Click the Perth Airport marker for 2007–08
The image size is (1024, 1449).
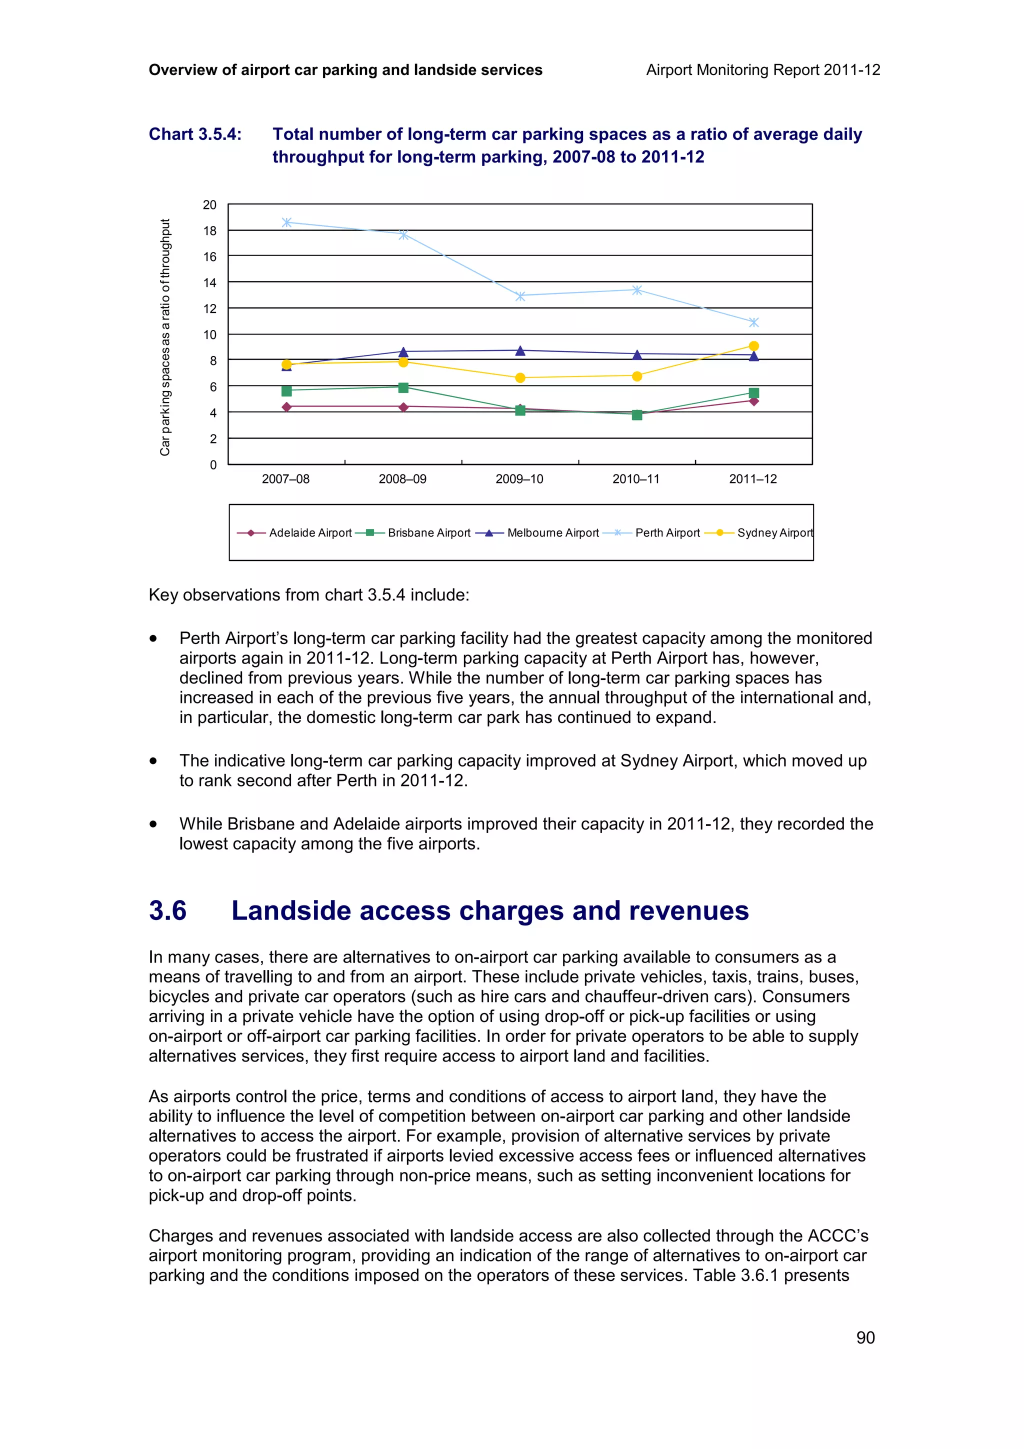pos(286,222)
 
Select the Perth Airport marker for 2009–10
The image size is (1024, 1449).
pos(520,296)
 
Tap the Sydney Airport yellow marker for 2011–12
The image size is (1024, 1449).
pos(753,346)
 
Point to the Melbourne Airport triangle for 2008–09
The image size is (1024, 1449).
pos(403,351)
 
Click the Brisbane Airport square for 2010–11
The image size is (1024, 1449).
pos(636,414)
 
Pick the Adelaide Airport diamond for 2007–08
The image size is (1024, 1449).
pos(286,407)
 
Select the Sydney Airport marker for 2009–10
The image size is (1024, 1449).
pos(520,378)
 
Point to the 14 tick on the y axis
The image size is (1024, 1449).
pos(209,282)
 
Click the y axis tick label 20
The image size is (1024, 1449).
pos(209,205)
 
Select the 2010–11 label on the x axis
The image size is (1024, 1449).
pos(635,479)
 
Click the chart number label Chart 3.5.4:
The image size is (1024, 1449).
pos(195,134)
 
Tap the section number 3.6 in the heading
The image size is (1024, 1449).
pos(168,910)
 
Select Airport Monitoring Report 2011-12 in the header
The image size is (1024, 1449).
pos(763,70)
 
